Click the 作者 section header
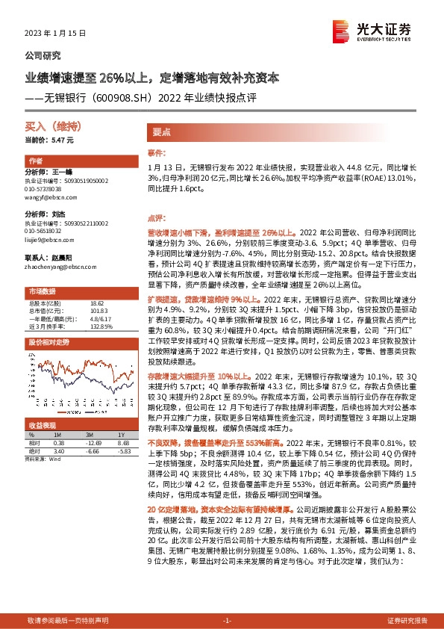(35, 161)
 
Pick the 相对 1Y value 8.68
(123, 442)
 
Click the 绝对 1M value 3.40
(60, 450)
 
